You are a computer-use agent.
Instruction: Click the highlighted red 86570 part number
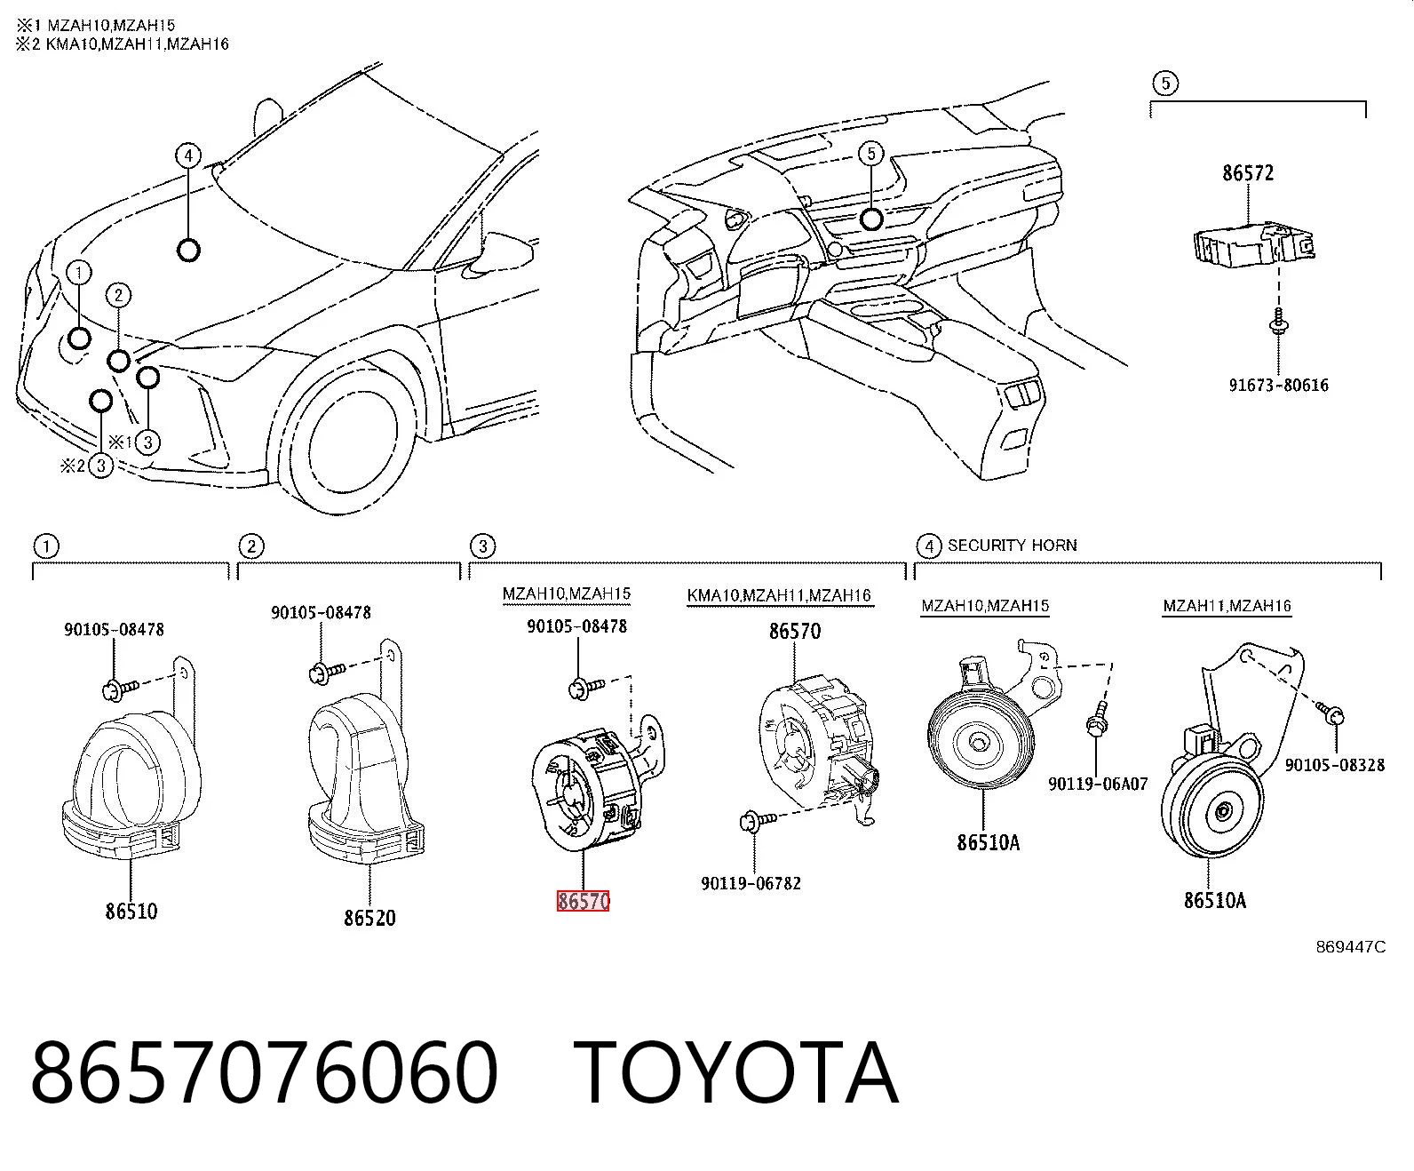583,901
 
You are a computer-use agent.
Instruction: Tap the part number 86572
1247,172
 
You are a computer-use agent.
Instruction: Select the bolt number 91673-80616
1279,385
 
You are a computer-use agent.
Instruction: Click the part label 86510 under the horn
131,911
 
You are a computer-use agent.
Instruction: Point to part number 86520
369,918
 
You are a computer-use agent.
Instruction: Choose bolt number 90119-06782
751,883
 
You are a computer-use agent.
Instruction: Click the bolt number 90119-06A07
1098,784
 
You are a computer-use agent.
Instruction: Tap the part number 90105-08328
1335,764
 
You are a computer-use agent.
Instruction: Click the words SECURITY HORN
1012,545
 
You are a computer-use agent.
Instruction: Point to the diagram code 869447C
1350,947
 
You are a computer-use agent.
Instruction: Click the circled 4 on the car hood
188,155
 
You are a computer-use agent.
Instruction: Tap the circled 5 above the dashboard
871,154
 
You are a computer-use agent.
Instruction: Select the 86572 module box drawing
1253,244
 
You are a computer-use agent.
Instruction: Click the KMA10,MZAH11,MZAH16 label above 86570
779,595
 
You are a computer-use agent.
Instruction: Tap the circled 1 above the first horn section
46,546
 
